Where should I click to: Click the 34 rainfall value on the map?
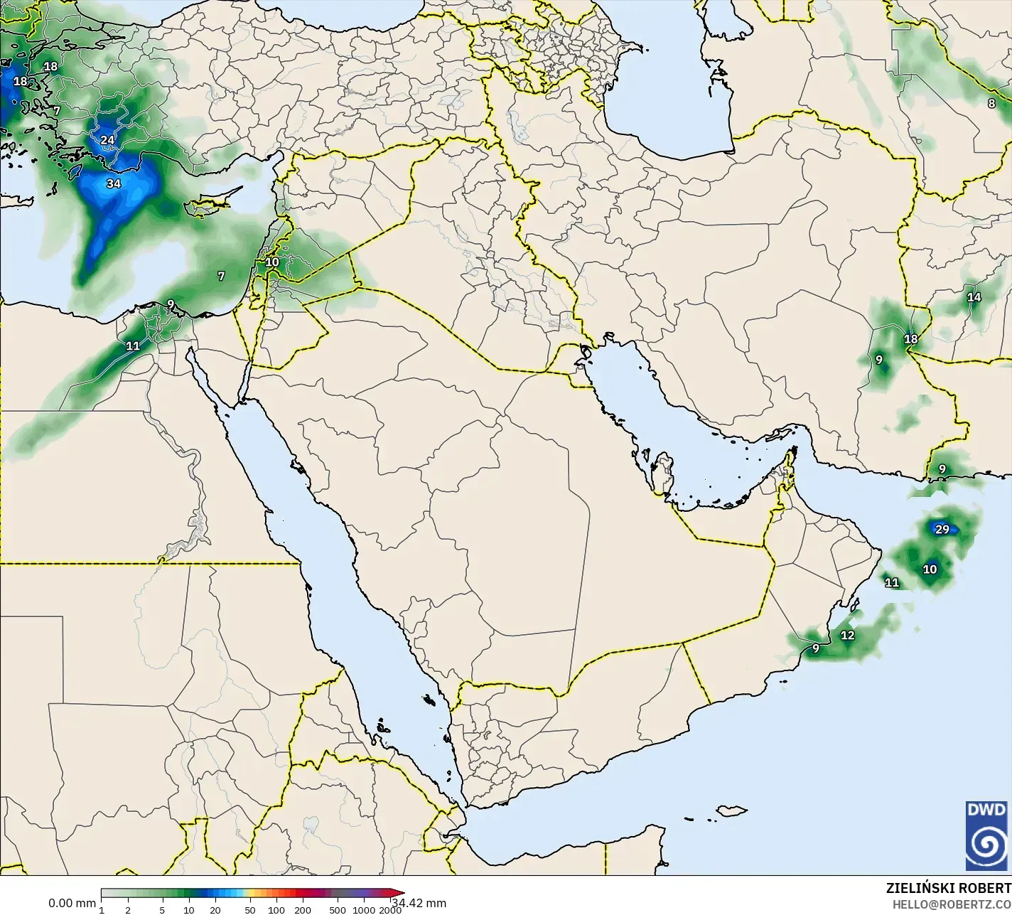113,183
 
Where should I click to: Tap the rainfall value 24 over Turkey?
107,140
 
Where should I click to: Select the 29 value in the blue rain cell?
942,529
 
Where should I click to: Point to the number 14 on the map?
974,297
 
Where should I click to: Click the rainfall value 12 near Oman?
848,636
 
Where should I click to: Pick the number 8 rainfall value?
991,104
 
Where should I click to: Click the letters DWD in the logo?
986,810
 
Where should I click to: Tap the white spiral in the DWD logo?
986,844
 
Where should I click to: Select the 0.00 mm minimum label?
72,904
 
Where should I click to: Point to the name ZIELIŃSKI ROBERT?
948,888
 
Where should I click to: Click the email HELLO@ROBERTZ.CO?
952,904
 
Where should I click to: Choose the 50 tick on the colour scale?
249,910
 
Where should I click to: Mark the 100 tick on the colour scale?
276,910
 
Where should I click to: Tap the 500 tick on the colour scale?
338,910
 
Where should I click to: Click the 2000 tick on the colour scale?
390,910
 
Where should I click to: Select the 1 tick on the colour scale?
102,910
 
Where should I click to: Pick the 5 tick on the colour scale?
162,910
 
